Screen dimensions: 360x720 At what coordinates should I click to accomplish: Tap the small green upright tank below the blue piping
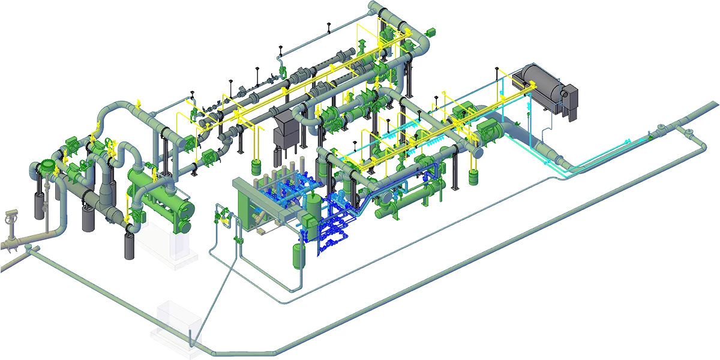point(299,254)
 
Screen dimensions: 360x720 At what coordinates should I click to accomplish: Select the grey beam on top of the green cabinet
point(264,183)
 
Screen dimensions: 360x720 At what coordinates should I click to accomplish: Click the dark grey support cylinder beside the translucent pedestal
point(128,246)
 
